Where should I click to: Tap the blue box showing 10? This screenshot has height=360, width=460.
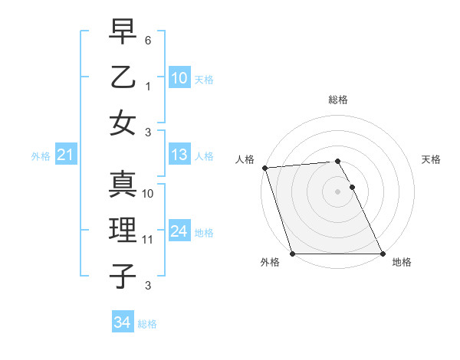point(179,77)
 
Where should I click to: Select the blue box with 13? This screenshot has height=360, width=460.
point(179,155)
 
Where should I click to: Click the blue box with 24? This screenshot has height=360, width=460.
point(179,231)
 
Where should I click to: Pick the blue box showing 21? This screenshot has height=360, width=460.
point(66,155)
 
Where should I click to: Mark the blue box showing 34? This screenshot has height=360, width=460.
point(122,322)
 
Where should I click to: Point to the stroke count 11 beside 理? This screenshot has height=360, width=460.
point(148,240)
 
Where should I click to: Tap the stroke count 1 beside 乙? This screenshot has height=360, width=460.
point(148,87)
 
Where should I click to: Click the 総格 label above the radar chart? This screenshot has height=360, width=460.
point(338,100)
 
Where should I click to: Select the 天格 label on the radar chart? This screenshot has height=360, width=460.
point(431,159)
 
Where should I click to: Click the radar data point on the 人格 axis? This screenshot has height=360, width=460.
point(264,168)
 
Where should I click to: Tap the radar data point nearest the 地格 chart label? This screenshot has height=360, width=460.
point(383,254)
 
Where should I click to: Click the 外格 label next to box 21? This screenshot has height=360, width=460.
point(41,156)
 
